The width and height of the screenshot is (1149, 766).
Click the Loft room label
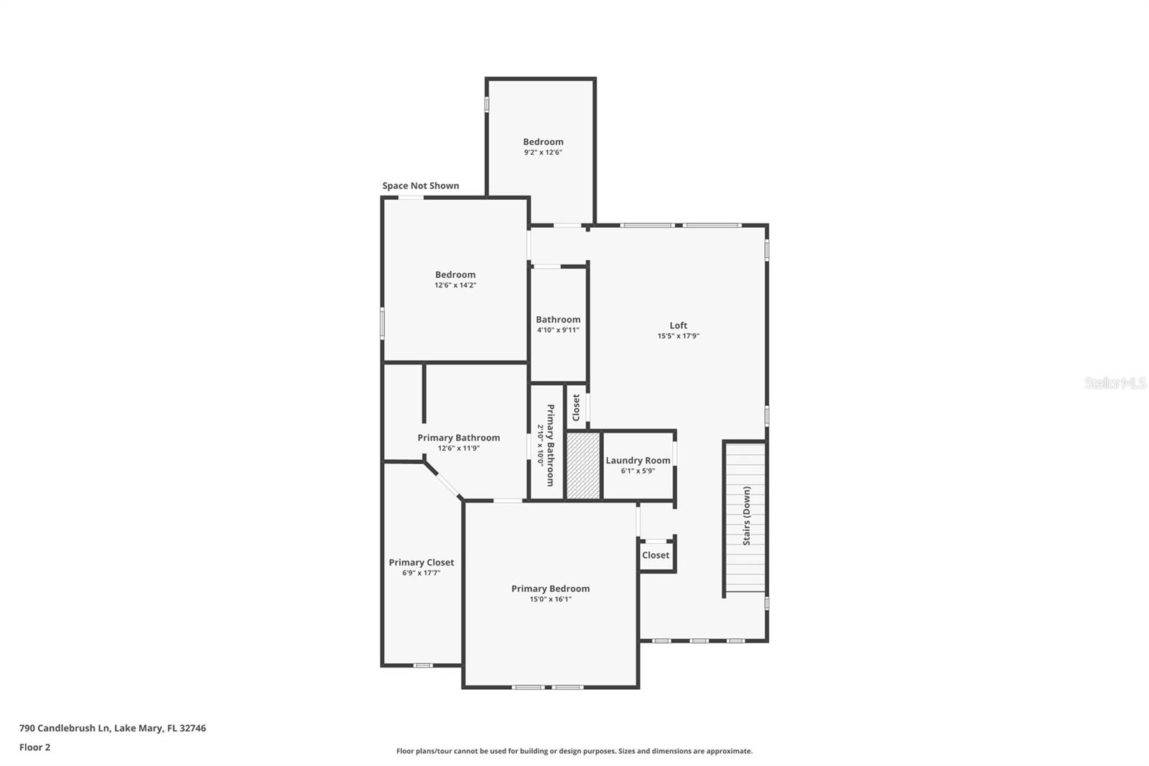click(678, 326)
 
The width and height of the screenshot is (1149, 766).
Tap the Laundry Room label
click(638, 461)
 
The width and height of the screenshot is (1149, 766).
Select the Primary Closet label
click(421, 563)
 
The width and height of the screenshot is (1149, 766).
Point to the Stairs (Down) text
click(747, 515)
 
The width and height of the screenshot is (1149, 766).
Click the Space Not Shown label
click(421, 186)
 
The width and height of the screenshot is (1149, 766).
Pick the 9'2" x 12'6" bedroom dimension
click(543, 152)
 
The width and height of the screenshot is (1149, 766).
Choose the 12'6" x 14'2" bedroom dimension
click(455, 285)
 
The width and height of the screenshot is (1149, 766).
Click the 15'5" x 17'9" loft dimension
click(678, 336)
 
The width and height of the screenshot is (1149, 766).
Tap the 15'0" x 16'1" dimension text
click(550, 599)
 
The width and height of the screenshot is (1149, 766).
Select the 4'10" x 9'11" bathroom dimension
click(558, 330)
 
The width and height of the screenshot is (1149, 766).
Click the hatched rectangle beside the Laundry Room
click(583, 465)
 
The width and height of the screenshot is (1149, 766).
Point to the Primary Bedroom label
click(550, 589)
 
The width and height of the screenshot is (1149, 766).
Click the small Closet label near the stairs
click(656, 555)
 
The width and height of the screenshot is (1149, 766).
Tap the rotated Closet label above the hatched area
click(576, 407)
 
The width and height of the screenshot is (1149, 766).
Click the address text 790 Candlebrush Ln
click(65, 728)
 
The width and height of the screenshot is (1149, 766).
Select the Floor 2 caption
click(35, 747)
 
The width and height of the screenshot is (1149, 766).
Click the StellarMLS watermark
click(1115, 382)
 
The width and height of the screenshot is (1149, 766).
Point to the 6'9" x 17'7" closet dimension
click(421, 573)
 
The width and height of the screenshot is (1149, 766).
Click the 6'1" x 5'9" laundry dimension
click(638, 471)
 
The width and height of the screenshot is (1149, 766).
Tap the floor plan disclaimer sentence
click(574, 751)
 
